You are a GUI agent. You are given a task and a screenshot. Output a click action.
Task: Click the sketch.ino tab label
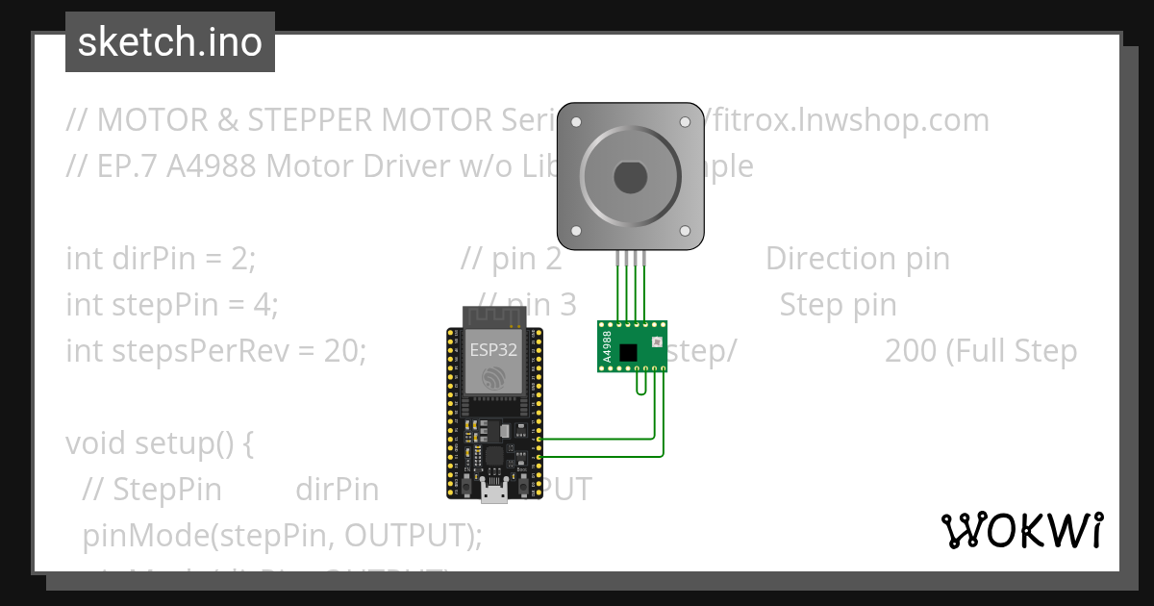pos(170,42)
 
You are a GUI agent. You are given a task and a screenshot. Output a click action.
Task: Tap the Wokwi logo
pos(1021,530)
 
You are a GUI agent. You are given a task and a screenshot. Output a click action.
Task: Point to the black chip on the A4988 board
pos(628,352)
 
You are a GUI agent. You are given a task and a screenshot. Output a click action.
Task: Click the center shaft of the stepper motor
pos(631,179)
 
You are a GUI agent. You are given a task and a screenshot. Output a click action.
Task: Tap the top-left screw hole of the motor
pos(576,122)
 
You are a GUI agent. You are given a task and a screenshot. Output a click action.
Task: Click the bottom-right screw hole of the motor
pos(686,232)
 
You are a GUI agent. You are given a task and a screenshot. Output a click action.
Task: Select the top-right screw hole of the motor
pos(686,122)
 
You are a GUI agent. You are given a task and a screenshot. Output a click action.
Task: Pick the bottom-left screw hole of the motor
pos(576,232)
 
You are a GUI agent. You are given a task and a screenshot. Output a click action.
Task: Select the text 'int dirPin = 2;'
pos(161,259)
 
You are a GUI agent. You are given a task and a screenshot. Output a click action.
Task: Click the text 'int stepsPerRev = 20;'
pos(216,351)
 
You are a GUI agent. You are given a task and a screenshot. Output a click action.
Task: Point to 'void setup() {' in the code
pos(159,443)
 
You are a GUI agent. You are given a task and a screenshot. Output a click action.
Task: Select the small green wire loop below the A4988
pos(640,386)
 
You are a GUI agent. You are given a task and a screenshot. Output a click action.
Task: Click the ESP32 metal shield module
pos(491,363)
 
